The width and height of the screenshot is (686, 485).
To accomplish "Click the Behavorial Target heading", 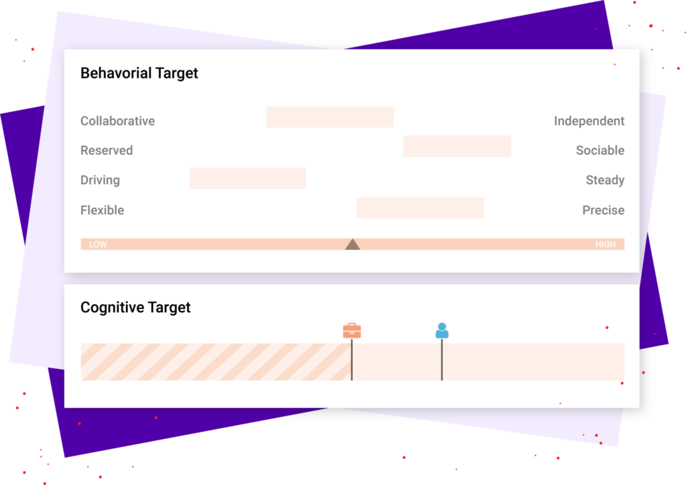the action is (139, 73).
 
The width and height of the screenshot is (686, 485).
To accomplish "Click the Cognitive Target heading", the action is (135, 307).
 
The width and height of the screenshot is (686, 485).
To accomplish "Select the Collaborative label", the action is (118, 121).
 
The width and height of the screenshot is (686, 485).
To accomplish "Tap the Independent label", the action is (589, 121).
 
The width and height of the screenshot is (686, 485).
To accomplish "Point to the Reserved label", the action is (107, 151).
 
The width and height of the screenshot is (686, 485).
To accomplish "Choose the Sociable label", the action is (600, 151).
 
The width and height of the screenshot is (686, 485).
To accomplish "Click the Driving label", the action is (100, 180).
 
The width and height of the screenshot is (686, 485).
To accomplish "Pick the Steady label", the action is (605, 180).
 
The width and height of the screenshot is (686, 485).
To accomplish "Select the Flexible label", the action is (102, 210).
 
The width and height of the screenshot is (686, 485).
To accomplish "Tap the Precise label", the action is (604, 210).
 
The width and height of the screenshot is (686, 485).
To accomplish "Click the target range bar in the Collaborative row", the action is (330, 117).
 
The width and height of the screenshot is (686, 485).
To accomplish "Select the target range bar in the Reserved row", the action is (457, 146).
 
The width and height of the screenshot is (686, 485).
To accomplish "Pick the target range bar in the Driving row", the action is (248, 178).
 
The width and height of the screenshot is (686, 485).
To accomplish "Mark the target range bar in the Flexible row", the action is (420, 208).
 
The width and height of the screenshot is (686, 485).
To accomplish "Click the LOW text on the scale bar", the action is (98, 245).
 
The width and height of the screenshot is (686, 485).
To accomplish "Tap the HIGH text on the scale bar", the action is (605, 245).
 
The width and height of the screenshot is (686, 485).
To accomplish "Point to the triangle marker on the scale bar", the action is (352, 245).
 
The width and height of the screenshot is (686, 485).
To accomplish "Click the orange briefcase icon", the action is (352, 331).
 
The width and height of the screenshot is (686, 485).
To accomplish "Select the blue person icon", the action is (442, 331).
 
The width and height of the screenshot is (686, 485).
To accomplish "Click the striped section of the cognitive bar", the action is (216, 362).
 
